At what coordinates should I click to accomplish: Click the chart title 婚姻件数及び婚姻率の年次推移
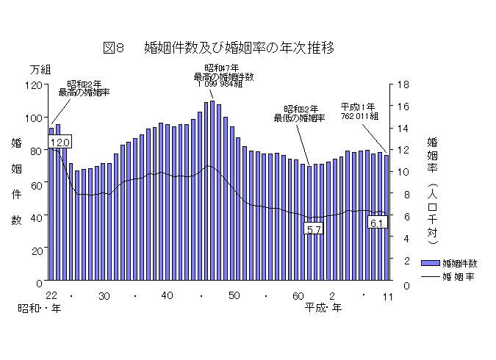[240, 48]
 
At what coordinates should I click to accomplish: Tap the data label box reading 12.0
[60, 141]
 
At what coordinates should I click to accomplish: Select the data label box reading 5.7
[314, 229]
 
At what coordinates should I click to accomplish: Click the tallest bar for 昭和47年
[212, 191]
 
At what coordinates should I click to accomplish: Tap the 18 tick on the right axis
[403, 84]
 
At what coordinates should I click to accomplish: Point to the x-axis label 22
[51, 295]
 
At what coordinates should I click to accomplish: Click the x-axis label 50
[234, 295]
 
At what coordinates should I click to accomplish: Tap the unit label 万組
[40, 69]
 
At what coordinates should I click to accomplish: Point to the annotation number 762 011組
[359, 116]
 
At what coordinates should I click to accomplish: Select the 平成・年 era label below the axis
[323, 309]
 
